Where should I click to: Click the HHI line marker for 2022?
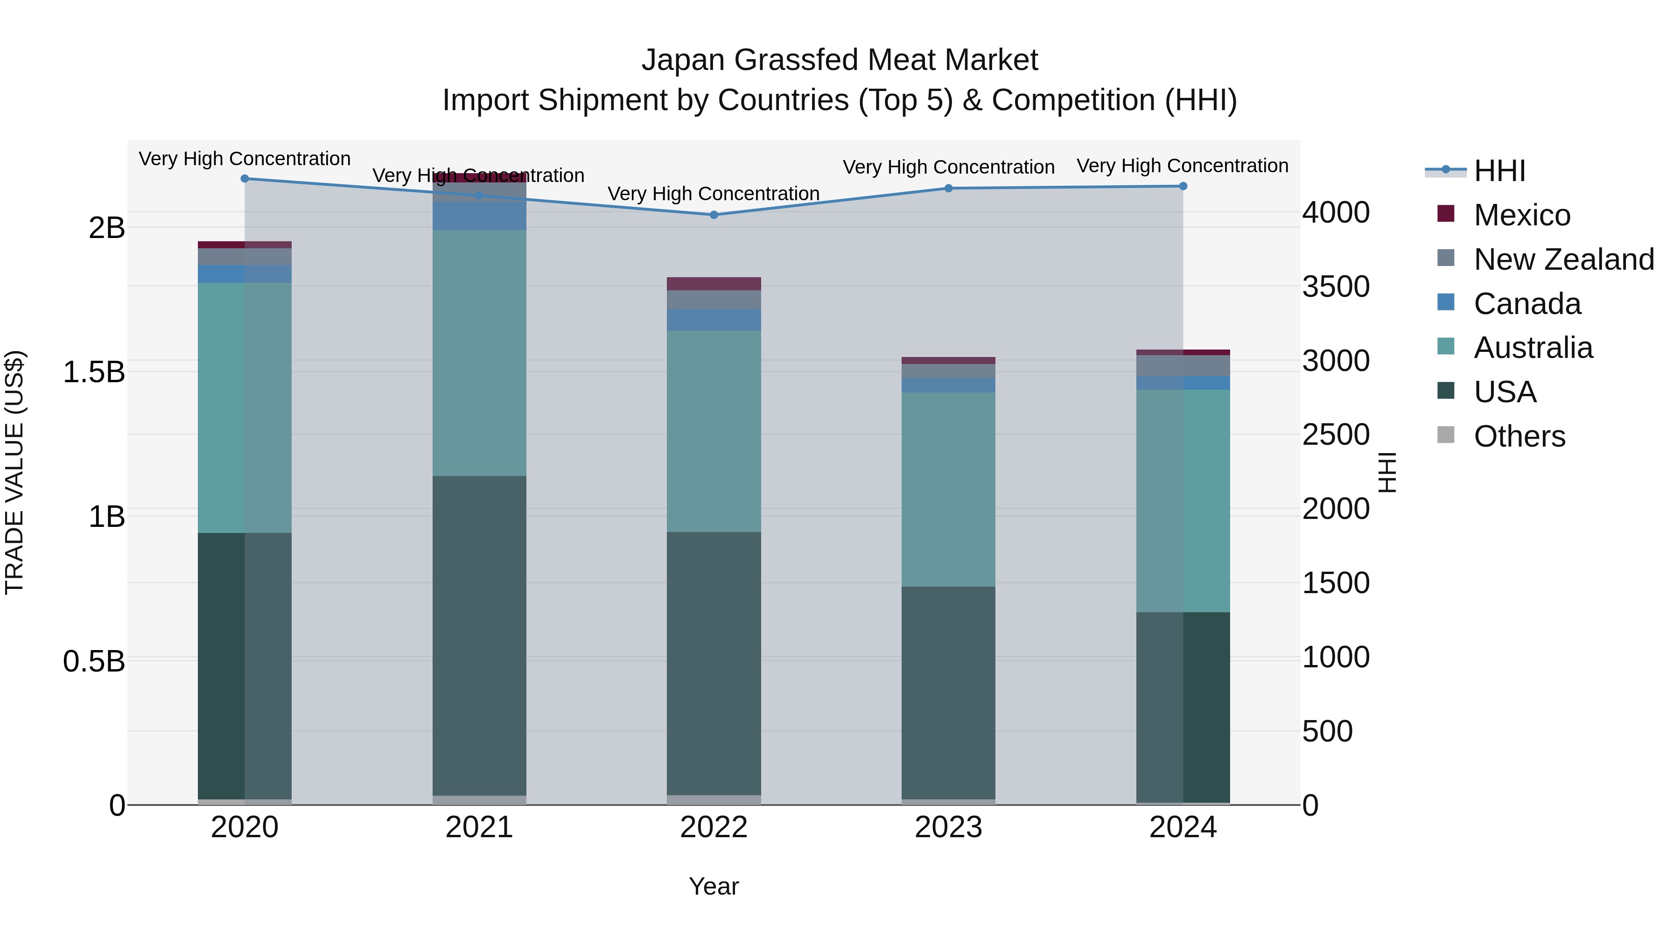tap(714, 215)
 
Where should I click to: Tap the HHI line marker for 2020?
tap(245, 178)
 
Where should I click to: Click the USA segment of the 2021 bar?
tap(479, 636)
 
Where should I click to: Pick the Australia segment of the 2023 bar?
tap(948, 489)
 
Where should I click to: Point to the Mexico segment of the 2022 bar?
tap(714, 284)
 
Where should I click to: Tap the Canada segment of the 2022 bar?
tap(714, 320)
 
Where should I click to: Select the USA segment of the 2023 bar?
tap(948, 691)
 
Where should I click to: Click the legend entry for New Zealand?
tap(1563, 259)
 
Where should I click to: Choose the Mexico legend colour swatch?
tap(1446, 214)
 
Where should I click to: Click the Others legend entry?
tap(1519, 436)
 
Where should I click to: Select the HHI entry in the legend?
tap(1498, 171)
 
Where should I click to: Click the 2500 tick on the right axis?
tap(1336, 435)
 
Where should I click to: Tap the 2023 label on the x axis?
tap(948, 827)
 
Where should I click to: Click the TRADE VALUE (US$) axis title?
tap(14, 472)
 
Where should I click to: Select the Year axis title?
tap(714, 886)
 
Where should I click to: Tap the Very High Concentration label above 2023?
tap(948, 167)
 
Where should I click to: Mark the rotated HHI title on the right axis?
tap(1388, 472)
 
